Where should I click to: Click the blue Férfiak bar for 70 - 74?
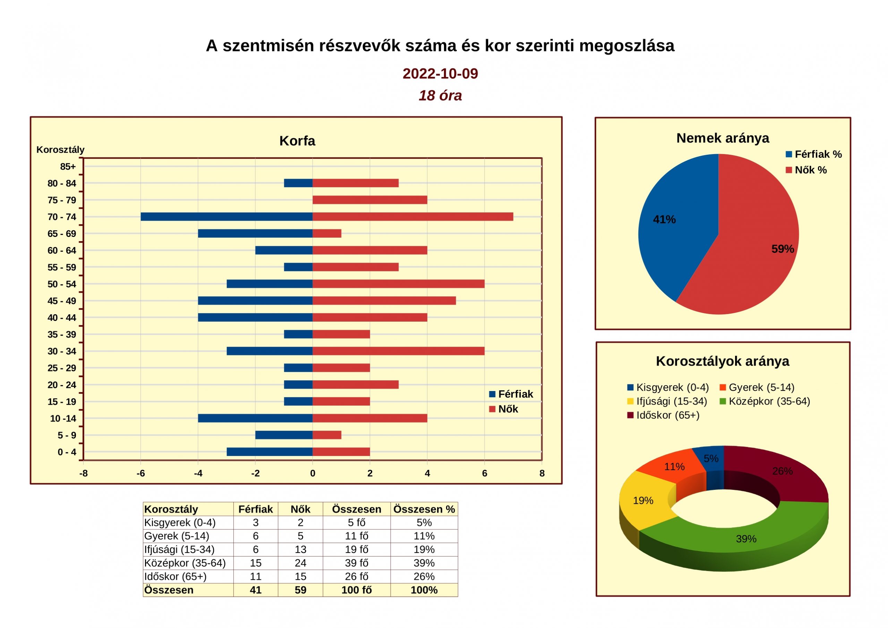click(227, 217)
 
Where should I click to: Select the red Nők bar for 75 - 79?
click(370, 200)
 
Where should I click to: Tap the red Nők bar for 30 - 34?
click(398, 351)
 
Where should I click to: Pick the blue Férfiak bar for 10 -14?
click(255, 418)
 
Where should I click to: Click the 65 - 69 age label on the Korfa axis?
click(62, 234)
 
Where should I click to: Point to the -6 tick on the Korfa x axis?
click(141, 473)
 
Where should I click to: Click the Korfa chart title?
click(297, 141)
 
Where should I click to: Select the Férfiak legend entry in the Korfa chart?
click(511, 394)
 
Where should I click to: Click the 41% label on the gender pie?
click(665, 219)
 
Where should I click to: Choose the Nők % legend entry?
click(806, 170)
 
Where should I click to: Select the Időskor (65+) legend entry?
click(663, 415)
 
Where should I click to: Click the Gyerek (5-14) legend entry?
click(757, 387)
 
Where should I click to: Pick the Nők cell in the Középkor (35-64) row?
click(300, 563)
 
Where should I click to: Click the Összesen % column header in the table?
click(424, 509)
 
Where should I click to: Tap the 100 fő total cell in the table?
click(357, 590)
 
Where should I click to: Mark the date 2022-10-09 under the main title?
click(441, 74)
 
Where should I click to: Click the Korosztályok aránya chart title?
click(723, 361)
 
